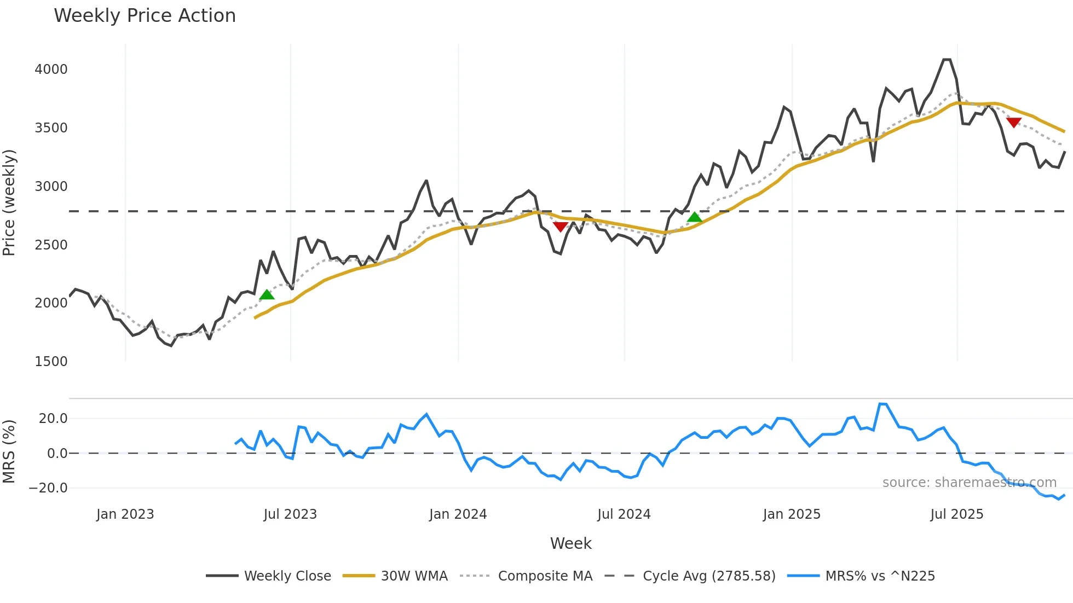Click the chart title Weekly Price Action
click(145, 16)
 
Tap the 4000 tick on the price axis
click(51, 69)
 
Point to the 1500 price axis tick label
click(51, 362)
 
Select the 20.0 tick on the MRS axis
click(53, 419)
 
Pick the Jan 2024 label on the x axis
click(458, 514)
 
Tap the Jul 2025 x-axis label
click(956, 514)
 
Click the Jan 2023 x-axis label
click(125, 514)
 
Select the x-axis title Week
click(570, 543)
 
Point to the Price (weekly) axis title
click(9, 202)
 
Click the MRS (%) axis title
click(9, 451)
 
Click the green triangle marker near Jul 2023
click(267, 295)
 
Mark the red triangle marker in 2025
click(1013, 123)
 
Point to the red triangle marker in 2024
click(560, 227)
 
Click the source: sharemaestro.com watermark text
click(969, 483)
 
